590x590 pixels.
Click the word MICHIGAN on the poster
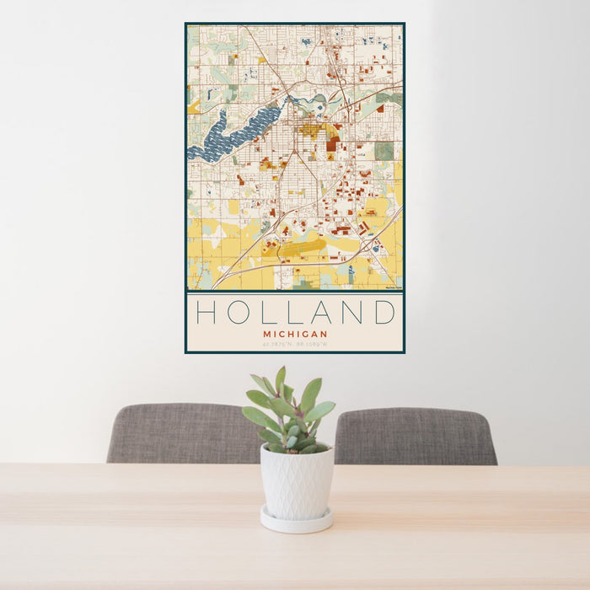coord(295,334)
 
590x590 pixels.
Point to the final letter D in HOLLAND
coord(384,313)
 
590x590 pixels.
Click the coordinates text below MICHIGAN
coord(295,344)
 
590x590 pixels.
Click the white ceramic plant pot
coord(296,481)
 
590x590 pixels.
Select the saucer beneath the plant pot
coord(296,521)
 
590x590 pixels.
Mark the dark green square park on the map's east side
coord(383,151)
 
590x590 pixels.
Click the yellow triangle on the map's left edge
coord(193,107)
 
